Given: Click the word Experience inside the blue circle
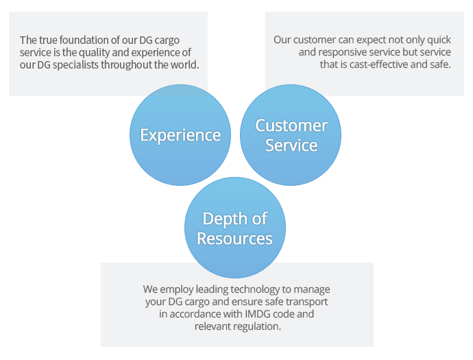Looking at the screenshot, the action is click(x=180, y=136).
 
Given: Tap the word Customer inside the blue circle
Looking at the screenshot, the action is click(x=291, y=125).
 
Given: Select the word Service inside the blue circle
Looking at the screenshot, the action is click(x=291, y=145).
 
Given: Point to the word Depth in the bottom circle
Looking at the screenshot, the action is click(x=223, y=219).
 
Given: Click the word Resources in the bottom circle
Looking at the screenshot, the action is click(x=234, y=239).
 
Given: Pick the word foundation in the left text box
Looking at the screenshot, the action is click(x=83, y=40).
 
